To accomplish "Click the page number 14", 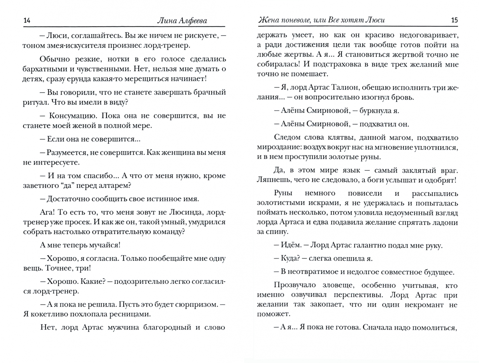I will click(x=27, y=21).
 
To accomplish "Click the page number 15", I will click(x=454, y=20).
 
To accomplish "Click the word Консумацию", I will click(x=72, y=116).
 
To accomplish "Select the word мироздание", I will click(x=278, y=147).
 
